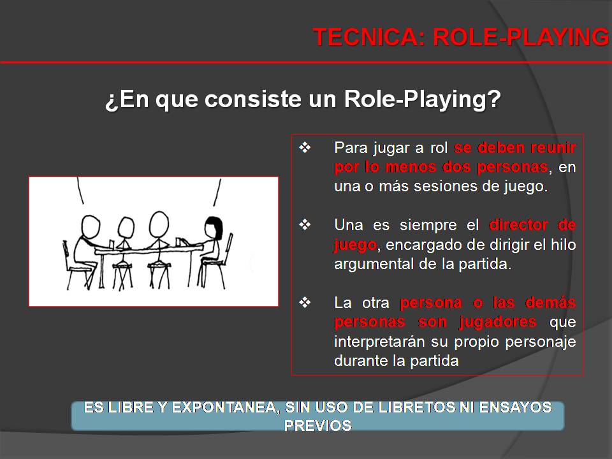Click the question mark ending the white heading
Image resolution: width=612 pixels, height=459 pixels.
coord(493,101)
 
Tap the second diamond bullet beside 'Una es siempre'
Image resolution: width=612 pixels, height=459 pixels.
coord(305,225)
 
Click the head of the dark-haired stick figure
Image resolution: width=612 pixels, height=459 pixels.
coord(212,226)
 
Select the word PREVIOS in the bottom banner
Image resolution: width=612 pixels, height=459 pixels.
coord(317,425)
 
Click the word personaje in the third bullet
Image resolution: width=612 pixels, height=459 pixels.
coord(540,342)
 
